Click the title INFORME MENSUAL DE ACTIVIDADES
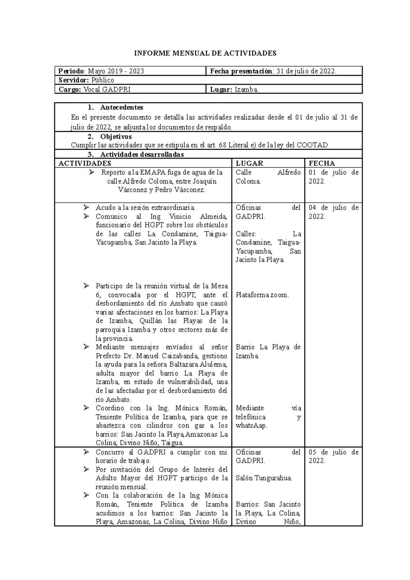coord(205,53)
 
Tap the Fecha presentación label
coord(241,71)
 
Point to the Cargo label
coord(70,89)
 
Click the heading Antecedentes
coord(121,107)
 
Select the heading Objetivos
coord(116,137)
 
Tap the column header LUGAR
coord(249,163)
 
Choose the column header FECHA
coord(322,163)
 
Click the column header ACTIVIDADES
coord(85,163)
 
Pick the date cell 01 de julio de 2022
coord(333,177)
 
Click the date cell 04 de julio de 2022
coord(333,212)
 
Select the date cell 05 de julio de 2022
coord(333,457)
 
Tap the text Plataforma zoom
coord(262,295)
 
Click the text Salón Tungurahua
coord(264,478)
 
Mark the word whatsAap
coord(251,426)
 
